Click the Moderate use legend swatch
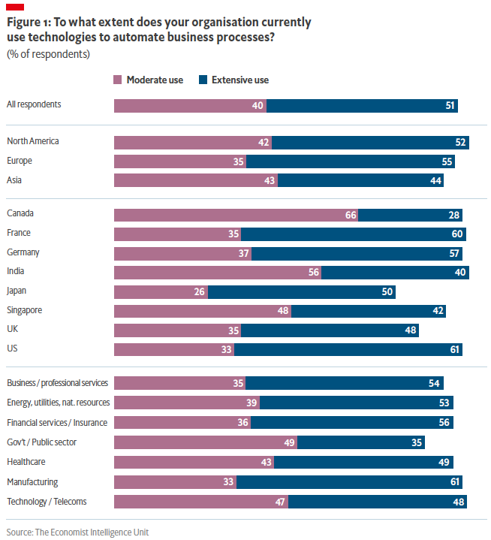click(118, 80)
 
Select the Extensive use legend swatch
click(203, 80)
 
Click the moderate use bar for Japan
click(161, 291)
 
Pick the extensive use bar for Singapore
click(368, 311)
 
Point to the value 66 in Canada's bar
click(350, 215)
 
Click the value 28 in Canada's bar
click(453, 215)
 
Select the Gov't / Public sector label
click(41, 442)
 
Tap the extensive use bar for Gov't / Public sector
click(360, 442)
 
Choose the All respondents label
click(34, 104)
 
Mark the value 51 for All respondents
click(450, 105)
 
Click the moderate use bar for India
click(218, 273)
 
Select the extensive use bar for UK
click(330, 330)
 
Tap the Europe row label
click(20, 160)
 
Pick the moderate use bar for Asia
click(195, 180)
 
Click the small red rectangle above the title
click(15, 7)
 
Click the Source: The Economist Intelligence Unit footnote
click(77, 532)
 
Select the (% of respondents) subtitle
click(48, 54)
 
